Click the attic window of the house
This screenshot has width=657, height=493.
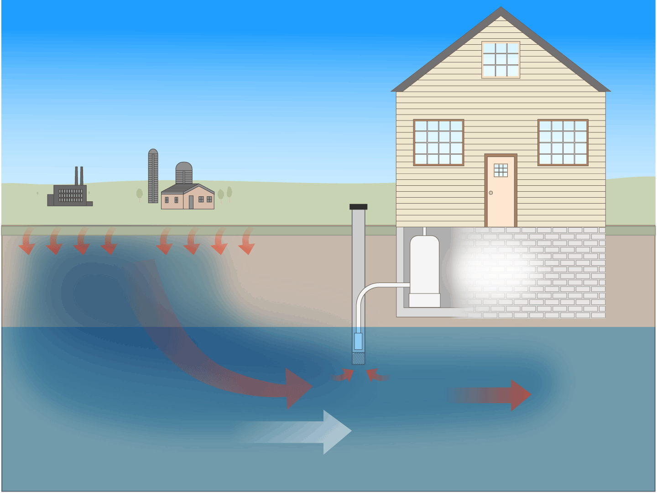(x=501, y=59)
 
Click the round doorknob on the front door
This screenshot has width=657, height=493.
(x=491, y=193)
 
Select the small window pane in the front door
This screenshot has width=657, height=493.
(x=501, y=170)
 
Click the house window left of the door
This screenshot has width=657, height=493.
(x=438, y=142)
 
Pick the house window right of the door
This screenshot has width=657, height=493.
(x=563, y=142)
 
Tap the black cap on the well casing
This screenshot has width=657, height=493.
(x=358, y=207)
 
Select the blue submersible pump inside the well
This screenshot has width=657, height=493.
(x=358, y=341)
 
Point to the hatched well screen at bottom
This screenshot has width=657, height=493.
(x=358, y=358)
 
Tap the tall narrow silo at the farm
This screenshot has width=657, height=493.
(x=153, y=176)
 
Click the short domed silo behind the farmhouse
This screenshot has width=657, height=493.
(x=184, y=173)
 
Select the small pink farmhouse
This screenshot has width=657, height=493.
(x=188, y=199)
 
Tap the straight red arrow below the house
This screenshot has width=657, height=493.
(x=493, y=395)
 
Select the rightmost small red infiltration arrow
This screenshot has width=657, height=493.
(x=247, y=242)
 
